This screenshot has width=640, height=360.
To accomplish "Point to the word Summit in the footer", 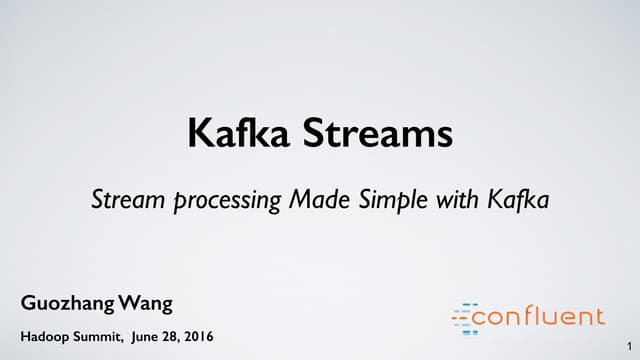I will pyautogui.click(x=98, y=333).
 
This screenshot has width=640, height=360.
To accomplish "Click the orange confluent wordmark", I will pyautogui.click(x=539, y=317).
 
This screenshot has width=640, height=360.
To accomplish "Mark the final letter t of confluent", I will pyautogui.click(x=599, y=317).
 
